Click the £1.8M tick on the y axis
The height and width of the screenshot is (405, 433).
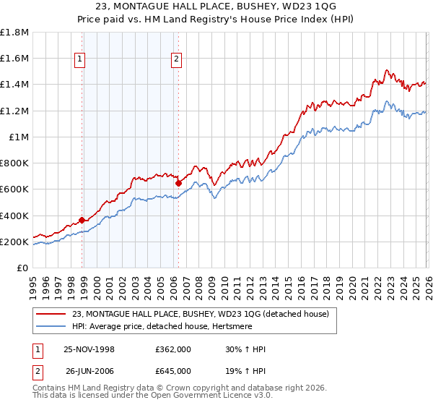click(x=14, y=32)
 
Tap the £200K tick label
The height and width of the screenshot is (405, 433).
click(x=14, y=242)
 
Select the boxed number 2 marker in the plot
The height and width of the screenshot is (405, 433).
click(x=176, y=61)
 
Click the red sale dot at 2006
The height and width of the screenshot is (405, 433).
click(x=178, y=184)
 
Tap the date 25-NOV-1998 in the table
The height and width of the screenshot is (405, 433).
click(x=89, y=349)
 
